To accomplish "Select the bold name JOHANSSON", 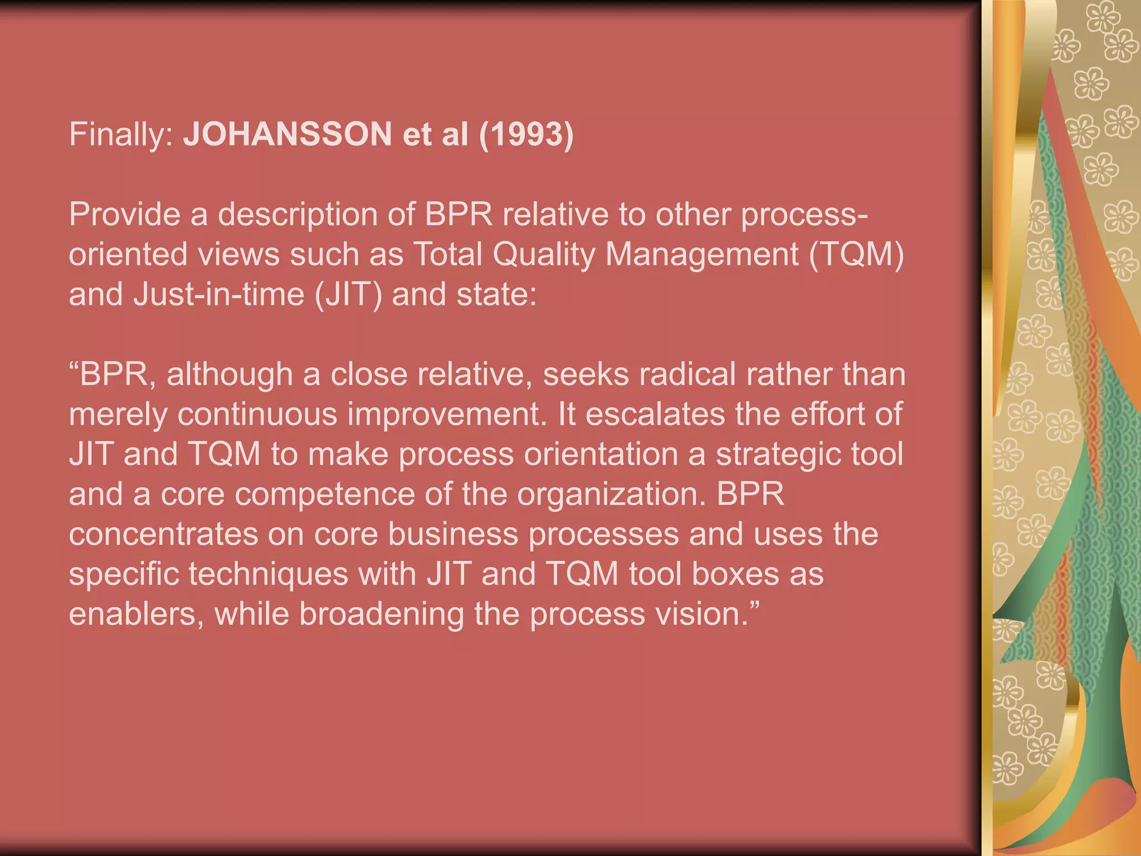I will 287,134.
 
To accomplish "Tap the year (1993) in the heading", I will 526,134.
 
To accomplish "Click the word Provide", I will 124,215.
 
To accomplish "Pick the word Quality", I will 544,255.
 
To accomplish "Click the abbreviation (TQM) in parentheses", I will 856,255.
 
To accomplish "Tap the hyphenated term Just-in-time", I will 219,294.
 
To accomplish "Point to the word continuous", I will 257,415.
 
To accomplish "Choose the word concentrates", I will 163,534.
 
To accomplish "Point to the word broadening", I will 381,614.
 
